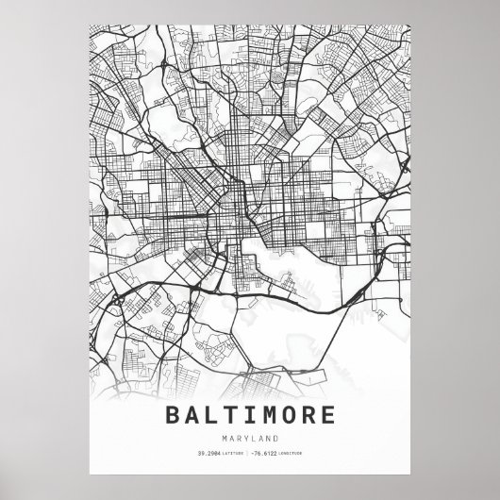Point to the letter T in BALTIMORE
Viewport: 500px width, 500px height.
(232, 415)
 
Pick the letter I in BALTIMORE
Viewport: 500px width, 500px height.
(250, 415)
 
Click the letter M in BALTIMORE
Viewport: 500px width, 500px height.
(269, 415)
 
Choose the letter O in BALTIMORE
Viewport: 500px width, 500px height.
(288, 415)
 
